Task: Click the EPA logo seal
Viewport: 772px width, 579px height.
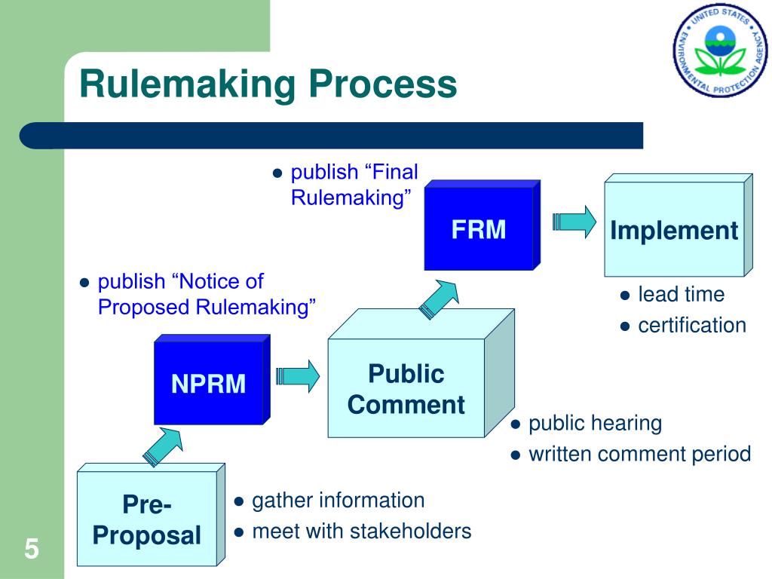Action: (720, 51)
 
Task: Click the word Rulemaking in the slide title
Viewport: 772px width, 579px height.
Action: (188, 84)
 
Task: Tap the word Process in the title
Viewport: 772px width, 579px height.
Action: (383, 84)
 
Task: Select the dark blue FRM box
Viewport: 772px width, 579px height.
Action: (482, 225)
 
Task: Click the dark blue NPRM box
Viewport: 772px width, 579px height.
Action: (212, 379)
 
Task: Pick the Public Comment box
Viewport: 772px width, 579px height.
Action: (421, 373)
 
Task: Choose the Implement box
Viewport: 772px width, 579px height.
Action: (679, 225)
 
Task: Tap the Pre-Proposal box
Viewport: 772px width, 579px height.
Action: (151, 514)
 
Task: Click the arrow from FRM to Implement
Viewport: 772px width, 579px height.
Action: (574, 222)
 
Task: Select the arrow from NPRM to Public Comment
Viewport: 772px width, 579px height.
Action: (297, 376)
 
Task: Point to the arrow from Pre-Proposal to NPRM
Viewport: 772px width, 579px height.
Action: (163, 446)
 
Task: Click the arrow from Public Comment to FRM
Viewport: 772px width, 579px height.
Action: (439, 299)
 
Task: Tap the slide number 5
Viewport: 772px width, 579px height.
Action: (32, 549)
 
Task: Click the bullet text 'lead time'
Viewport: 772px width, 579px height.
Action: (682, 295)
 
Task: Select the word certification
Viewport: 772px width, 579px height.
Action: (692, 326)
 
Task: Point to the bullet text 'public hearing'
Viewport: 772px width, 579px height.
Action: (596, 424)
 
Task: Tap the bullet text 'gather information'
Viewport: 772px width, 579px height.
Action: (339, 501)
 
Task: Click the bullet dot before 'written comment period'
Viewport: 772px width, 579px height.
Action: (516, 455)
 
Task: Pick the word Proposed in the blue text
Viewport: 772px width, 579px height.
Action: (144, 308)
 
